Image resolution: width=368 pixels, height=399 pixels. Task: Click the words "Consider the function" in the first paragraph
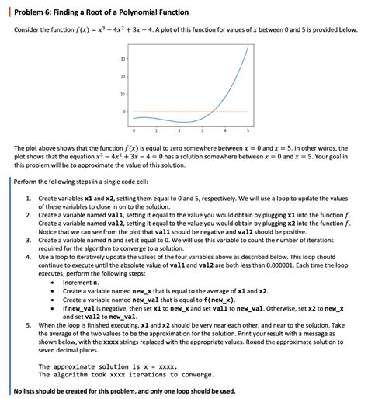coord(40,29)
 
